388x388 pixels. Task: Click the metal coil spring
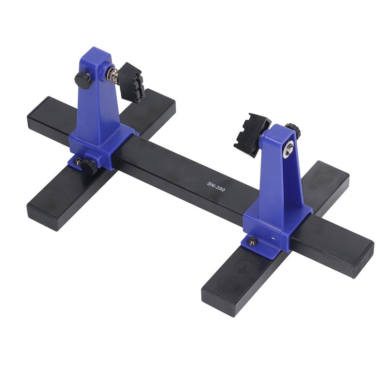pyautogui.click(x=113, y=75)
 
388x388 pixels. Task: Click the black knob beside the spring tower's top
pyautogui.click(x=83, y=80)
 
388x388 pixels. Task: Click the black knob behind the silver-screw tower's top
pyautogui.click(x=292, y=130)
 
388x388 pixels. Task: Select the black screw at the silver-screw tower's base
pyautogui.click(x=252, y=241)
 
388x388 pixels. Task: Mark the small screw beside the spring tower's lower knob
pyautogui.click(x=78, y=160)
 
